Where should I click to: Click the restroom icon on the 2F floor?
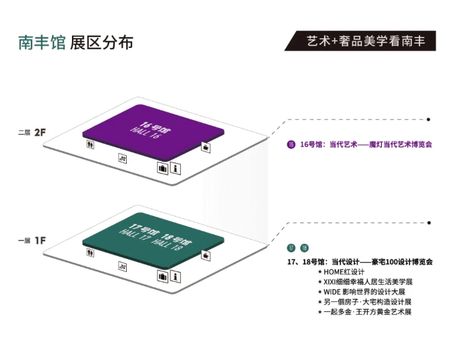(x=90, y=144)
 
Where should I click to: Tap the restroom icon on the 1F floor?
(x=90, y=252)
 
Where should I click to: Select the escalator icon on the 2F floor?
(x=122, y=158)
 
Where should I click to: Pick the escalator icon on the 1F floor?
(x=122, y=266)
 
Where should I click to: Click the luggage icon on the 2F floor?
(x=162, y=168)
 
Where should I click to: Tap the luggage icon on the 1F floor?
(x=162, y=276)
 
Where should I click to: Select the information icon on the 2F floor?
(x=175, y=168)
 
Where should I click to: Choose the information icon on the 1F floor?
(x=175, y=276)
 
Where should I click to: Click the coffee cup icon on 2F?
(x=206, y=147)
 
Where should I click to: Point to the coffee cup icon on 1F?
(x=206, y=255)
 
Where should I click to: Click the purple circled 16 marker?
(x=291, y=145)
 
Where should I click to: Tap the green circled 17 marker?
(x=291, y=248)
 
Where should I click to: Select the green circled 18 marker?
(x=304, y=248)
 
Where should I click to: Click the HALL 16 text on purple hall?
(x=145, y=133)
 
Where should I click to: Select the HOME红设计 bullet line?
(x=341, y=272)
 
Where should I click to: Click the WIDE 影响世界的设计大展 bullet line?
(x=362, y=292)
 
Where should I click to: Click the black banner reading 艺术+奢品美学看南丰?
(x=360, y=41)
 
